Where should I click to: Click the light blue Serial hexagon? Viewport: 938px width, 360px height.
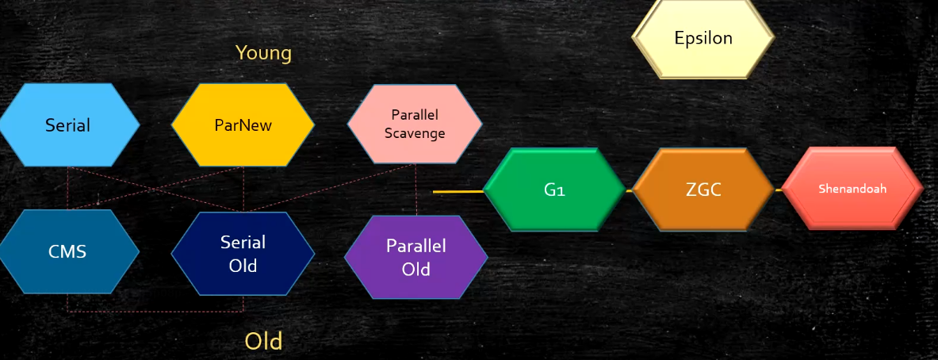click(68, 125)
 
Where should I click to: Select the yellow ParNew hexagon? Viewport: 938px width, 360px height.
click(243, 125)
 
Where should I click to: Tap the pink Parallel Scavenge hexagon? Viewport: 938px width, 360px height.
click(415, 124)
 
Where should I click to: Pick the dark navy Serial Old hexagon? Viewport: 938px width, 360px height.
click(243, 254)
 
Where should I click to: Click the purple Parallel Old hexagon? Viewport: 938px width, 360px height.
click(415, 258)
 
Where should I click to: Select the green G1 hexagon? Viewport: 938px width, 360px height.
click(554, 190)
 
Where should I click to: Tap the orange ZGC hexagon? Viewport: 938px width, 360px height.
click(703, 190)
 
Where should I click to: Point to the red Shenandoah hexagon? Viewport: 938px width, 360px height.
click(852, 190)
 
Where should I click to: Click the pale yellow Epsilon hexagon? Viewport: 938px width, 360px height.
click(703, 38)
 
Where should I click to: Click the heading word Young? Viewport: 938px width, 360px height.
click(263, 53)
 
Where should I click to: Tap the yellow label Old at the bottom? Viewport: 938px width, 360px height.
click(263, 341)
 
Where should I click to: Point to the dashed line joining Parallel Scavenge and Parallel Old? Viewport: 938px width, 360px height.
click(416, 190)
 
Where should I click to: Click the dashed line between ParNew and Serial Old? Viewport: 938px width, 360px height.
click(243, 189)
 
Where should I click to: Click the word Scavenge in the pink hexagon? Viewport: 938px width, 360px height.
click(415, 133)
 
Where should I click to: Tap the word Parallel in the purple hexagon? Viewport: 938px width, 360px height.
click(415, 246)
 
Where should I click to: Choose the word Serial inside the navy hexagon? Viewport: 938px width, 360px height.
click(243, 243)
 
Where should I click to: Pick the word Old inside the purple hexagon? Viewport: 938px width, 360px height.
click(415, 270)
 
